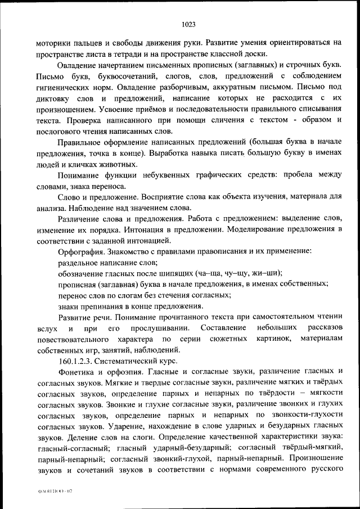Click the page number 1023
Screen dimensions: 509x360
188,24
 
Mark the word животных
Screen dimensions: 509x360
117,164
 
